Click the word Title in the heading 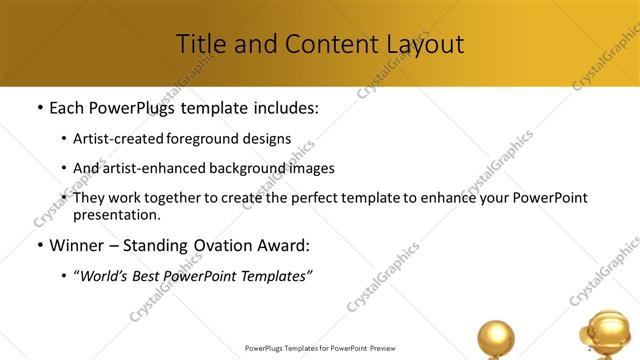(x=201, y=44)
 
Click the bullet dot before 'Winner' (x=38, y=245)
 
